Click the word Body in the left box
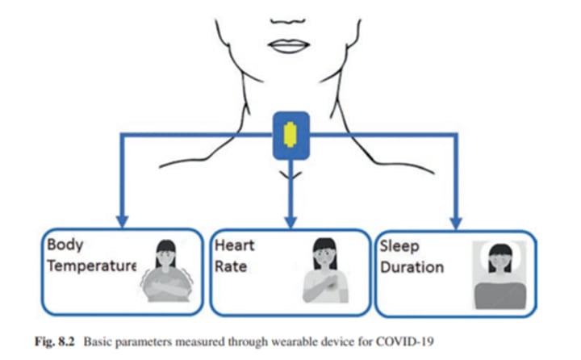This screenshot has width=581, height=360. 65,245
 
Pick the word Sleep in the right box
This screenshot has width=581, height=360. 400,246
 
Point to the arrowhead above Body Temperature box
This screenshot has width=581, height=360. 121,220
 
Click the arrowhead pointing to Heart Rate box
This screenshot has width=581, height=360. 290,220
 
